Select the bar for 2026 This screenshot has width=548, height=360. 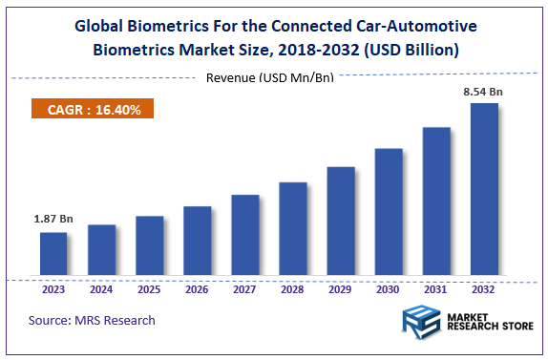click(197, 242)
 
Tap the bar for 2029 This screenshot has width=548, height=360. click(341, 222)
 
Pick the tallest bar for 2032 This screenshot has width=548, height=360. click(484, 190)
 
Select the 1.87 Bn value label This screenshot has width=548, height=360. click(53, 219)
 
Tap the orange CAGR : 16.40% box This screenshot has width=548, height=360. click(94, 110)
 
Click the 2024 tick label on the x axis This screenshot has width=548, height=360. click(101, 289)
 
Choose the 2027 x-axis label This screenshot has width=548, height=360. click(245, 289)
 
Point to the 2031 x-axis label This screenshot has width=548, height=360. click(436, 289)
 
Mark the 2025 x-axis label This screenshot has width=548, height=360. click(149, 289)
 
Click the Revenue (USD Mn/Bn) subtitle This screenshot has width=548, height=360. click(270, 77)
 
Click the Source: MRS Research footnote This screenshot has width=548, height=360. click(93, 320)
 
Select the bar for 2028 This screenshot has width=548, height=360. click(293, 230)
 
